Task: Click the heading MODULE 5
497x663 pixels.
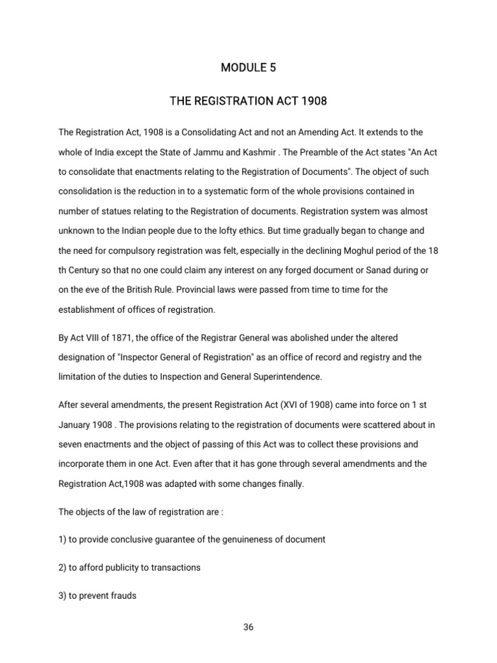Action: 248,67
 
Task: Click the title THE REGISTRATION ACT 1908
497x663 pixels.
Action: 248,101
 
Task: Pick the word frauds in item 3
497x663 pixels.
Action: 122,595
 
